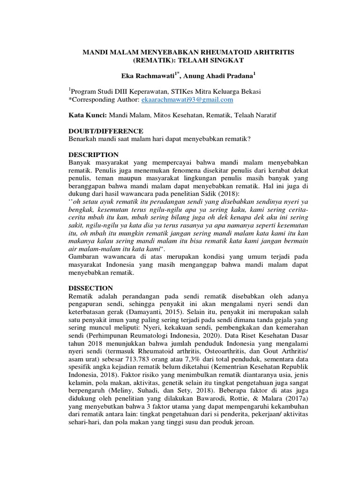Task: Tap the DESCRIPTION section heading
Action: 93,154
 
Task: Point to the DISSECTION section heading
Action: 90,288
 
